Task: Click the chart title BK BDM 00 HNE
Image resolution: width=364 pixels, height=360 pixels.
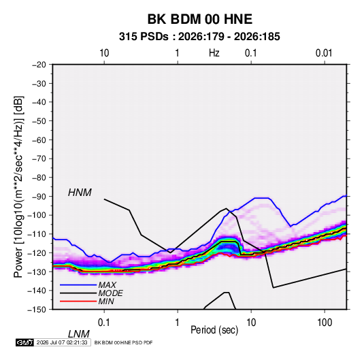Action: point(200,19)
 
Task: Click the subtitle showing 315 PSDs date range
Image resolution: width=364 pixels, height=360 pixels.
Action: point(199,37)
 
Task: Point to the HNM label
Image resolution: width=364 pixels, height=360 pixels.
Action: point(80,193)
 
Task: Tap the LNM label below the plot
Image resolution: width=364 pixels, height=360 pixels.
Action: point(79,334)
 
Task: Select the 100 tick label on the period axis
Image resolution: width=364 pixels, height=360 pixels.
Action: point(325,323)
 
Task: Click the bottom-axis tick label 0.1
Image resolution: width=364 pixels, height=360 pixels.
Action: point(104,323)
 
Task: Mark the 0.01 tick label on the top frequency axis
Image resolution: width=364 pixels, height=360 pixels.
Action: point(324,53)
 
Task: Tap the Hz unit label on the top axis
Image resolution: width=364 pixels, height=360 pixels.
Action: point(214,53)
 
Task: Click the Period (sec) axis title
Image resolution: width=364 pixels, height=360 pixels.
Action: point(214,330)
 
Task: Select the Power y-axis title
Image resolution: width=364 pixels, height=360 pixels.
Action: point(18,186)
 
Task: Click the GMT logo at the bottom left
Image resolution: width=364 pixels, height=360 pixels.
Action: point(25,342)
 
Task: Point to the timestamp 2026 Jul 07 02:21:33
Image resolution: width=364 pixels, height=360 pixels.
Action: point(62,342)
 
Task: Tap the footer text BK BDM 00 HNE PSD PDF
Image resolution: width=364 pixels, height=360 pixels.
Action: point(124,342)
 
